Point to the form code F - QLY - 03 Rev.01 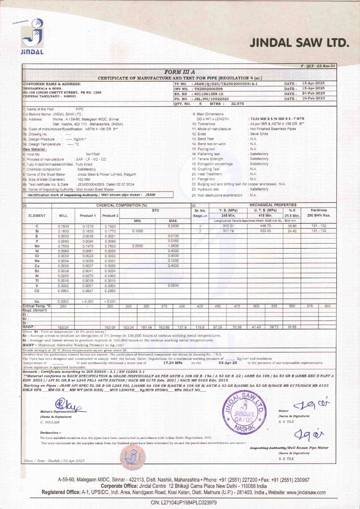pyautogui.click(x=318, y=66)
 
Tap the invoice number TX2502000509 pyautogui.click(x=208, y=89)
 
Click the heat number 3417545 pyautogui.click(x=93, y=154)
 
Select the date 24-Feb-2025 pyautogui.click(x=313, y=93)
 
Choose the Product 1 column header pyautogui.click(x=88, y=216)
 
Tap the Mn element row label pyautogui.click(x=37, y=246)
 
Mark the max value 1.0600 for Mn pyautogui.click(x=173, y=246)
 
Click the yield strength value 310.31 pyautogui.click(x=228, y=226)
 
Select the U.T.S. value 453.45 pyautogui.click(x=265, y=231)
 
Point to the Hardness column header pyautogui.click(x=318, y=210)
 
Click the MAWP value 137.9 pyautogui.click(x=182, y=327)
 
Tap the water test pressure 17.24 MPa pyautogui.click(x=173, y=363)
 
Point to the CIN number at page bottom pyautogui.click(x=184, y=503)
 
